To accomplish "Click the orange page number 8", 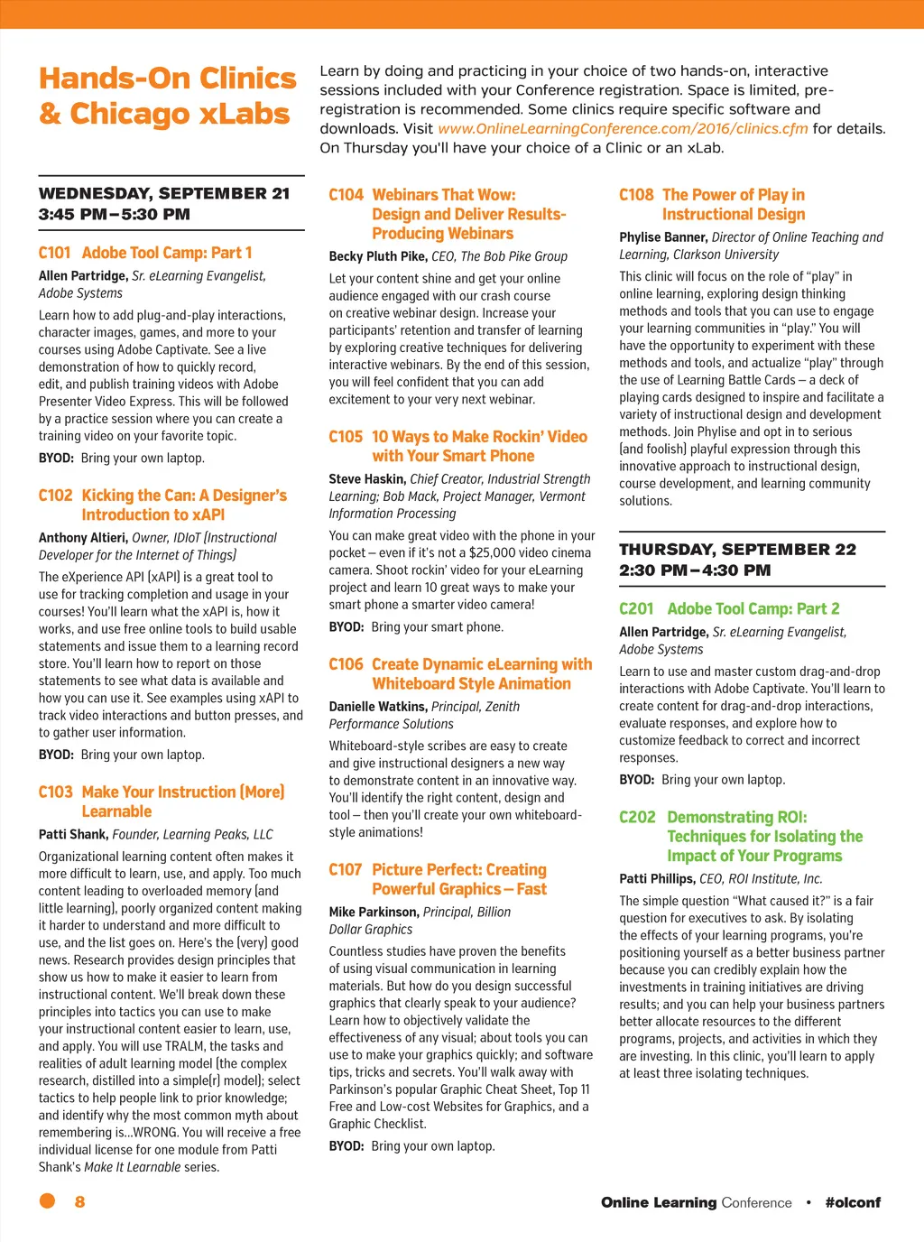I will [79, 1201].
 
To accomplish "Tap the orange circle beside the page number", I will [47, 1200].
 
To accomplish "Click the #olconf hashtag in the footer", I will [853, 1202].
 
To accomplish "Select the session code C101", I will [54, 253].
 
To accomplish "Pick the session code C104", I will [346, 195].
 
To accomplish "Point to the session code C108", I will [636, 195].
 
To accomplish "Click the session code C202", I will [637, 817].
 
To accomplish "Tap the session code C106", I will [346, 664].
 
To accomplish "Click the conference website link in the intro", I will [623, 128].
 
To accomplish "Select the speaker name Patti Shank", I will [73, 835].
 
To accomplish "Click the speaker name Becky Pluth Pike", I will [377, 256].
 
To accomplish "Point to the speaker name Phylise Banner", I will [663, 237].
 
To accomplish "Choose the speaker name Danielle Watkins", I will [377, 707].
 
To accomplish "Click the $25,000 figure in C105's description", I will [494, 552].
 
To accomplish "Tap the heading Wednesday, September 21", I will [164, 194].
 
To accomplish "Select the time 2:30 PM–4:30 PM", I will [695, 570].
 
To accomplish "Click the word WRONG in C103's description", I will [154, 1132].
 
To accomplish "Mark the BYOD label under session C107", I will [346, 1146].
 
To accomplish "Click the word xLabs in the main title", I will [245, 115].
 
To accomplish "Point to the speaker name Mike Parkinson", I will [374, 913].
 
